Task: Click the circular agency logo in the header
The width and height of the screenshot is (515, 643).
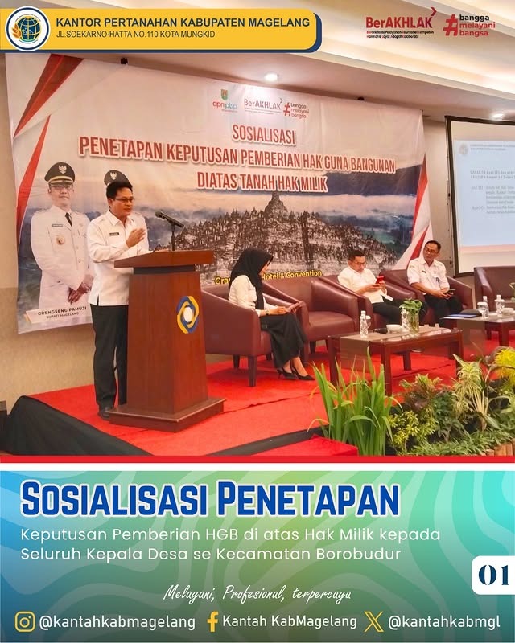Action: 27,29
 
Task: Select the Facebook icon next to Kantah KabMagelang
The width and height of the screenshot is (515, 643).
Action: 212,621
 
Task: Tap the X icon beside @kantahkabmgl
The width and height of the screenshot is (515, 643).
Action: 373,621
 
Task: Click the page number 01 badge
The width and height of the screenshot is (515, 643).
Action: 492,575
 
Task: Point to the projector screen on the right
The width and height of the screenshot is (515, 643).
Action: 481,193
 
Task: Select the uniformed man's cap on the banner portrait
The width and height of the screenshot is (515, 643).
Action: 60,172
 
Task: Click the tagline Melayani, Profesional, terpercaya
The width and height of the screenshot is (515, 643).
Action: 257,594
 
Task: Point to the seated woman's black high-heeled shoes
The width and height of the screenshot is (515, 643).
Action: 292,374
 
